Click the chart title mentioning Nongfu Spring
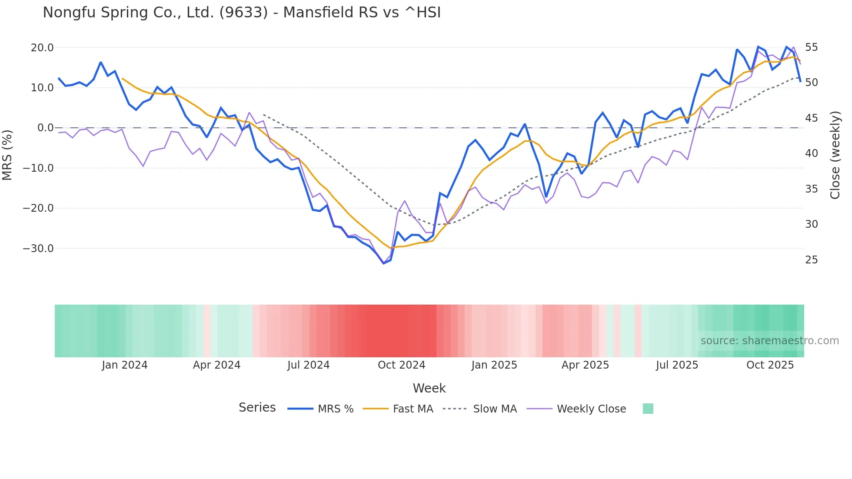tap(242, 13)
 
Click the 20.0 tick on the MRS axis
tap(42, 47)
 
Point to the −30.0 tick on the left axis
tap(38, 249)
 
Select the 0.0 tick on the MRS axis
tap(45, 128)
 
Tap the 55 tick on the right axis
tap(811, 47)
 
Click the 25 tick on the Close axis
tap(811, 260)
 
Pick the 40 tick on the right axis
tap(811, 153)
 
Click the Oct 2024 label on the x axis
tap(401, 365)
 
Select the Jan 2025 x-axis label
tap(494, 365)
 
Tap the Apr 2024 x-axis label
tap(216, 365)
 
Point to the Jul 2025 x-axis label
tap(677, 365)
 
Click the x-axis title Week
tap(429, 388)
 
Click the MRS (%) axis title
tap(7, 155)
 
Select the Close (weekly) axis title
tap(835, 155)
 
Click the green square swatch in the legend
tap(648, 409)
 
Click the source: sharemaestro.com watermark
tap(769, 341)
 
